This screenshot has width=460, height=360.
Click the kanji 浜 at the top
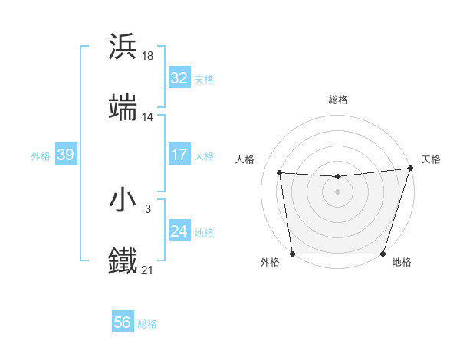(x=123, y=47)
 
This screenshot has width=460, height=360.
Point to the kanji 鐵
(x=123, y=261)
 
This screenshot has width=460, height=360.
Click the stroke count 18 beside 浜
(x=148, y=55)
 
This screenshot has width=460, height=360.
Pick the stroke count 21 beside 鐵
(x=148, y=270)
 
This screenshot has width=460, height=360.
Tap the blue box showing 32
(x=179, y=78)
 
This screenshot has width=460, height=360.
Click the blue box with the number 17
(x=179, y=155)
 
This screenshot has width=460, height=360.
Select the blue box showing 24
(x=179, y=231)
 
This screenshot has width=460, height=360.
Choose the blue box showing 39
(x=66, y=155)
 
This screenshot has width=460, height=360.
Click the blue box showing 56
(x=123, y=322)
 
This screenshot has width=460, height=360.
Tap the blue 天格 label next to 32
(x=204, y=79)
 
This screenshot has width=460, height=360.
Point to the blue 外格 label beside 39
(x=41, y=155)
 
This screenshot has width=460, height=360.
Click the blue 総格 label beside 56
(x=148, y=324)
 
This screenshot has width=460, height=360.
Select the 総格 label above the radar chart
(x=337, y=100)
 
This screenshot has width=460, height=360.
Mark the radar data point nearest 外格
(x=292, y=254)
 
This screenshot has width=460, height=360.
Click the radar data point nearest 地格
(x=383, y=254)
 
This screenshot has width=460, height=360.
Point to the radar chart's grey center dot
(x=337, y=191)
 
